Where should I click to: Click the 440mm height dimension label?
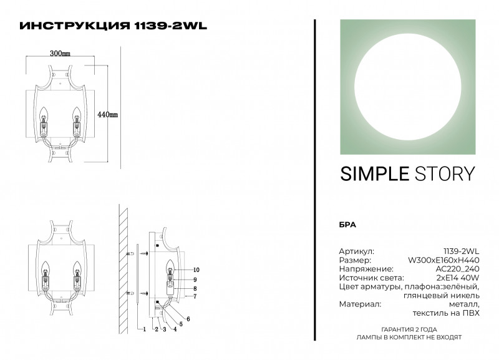coord(109,115)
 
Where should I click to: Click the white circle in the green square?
coord(407,86)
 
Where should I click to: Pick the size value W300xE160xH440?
coord(443,260)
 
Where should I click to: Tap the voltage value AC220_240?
coord(459,268)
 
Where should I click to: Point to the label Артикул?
coord(356,251)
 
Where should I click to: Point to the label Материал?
coord(359,304)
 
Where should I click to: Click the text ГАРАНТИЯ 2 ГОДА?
coord(409,329)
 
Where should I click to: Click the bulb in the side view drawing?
coord(168,272)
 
